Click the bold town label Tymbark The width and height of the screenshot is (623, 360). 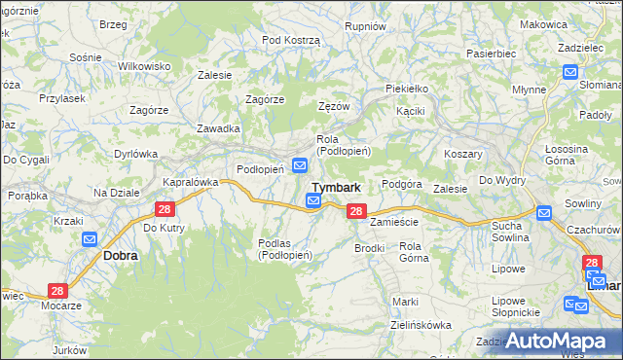(x=337, y=188)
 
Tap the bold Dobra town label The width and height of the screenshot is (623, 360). (x=120, y=255)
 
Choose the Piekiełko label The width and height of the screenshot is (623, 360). (x=407, y=89)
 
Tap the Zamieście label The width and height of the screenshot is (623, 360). (x=394, y=222)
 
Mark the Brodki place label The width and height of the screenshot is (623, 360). (x=370, y=248)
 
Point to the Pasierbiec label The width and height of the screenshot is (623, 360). (x=491, y=54)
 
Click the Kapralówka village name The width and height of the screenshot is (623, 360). (x=190, y=182)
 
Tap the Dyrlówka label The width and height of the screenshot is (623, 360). (x=135, y=154)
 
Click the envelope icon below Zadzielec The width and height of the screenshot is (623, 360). (x=569, y=71)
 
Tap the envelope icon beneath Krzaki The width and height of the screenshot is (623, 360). (x=90, y=239)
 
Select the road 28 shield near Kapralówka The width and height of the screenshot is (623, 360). (x=165, y=209)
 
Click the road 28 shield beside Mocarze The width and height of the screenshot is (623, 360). (x=57, y=291)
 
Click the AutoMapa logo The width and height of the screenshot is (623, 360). (x=562, y=341)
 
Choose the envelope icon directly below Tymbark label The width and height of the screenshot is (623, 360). (x=313, y=201)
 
